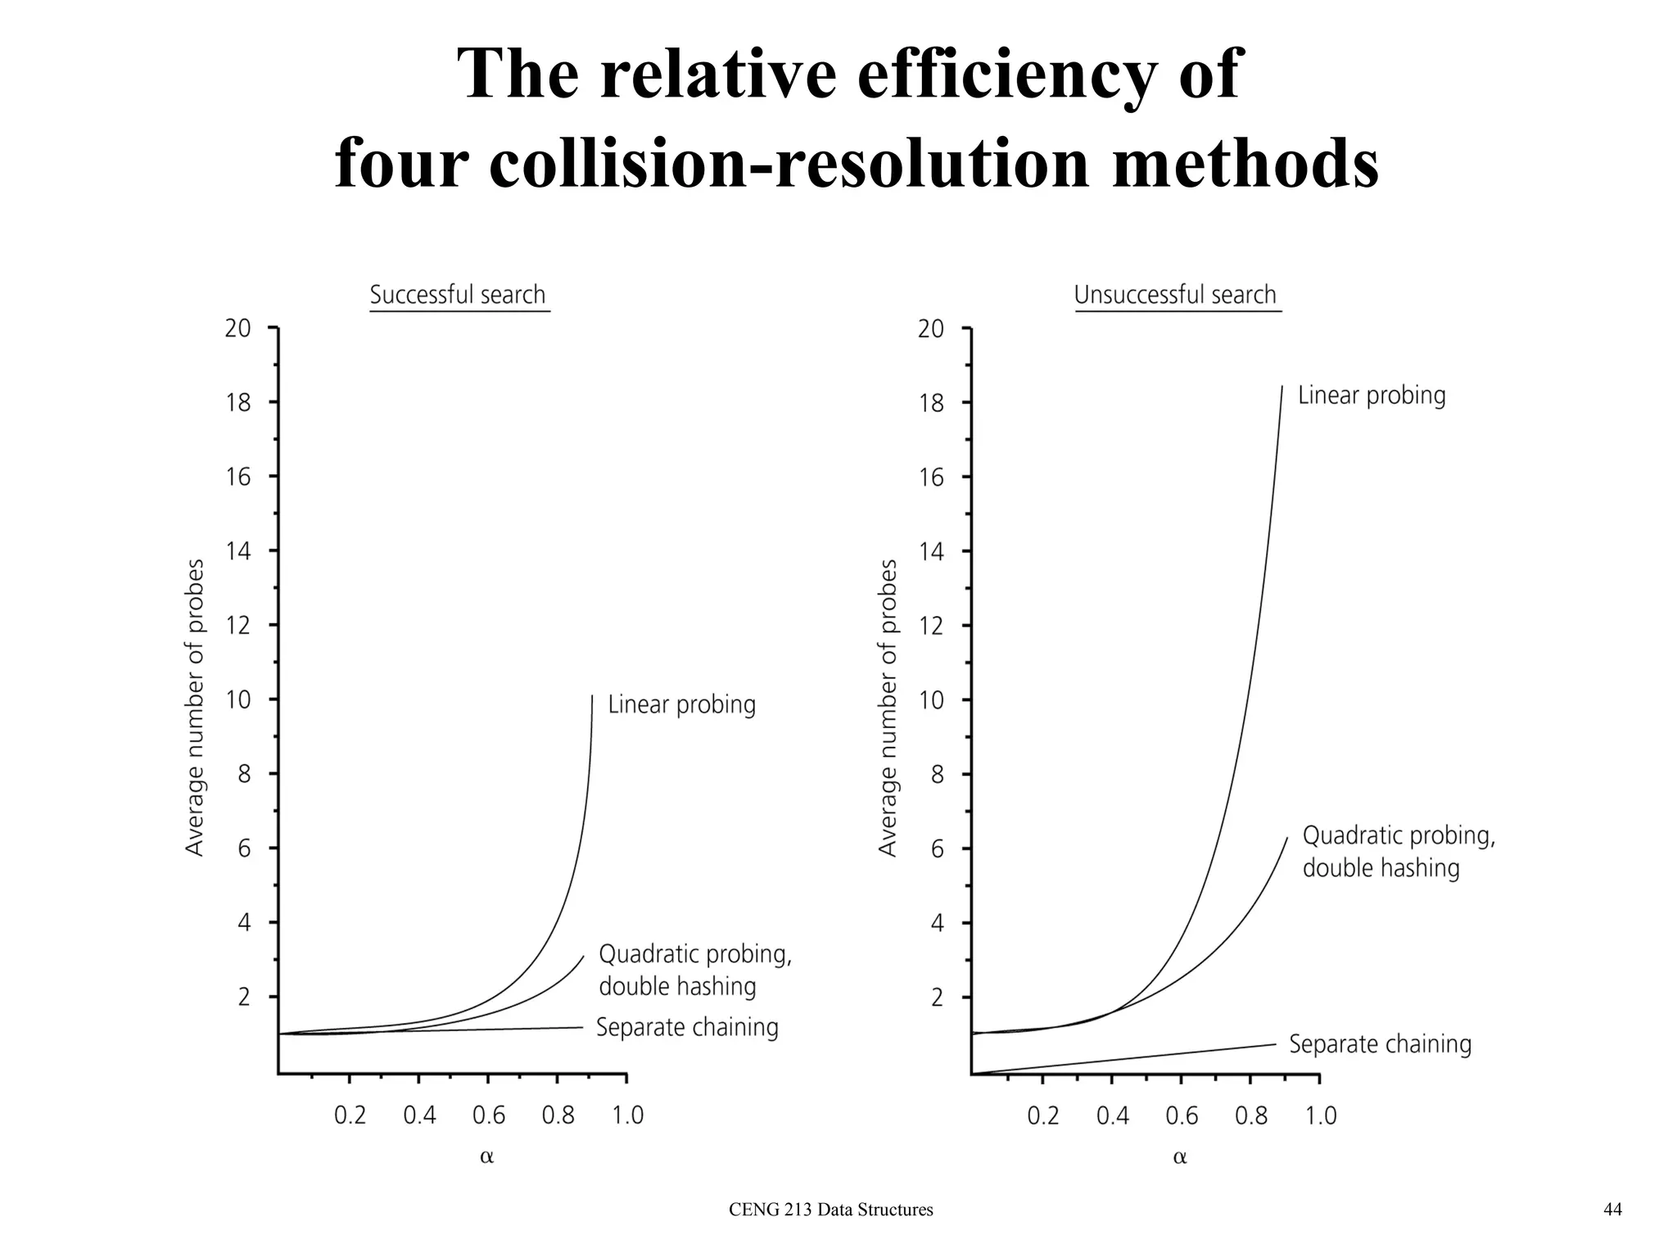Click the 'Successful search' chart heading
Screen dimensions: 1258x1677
tap(458, 295)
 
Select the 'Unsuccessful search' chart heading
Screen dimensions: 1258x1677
tap(1175, 295)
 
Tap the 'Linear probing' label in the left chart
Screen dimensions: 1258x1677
tap(681, 705)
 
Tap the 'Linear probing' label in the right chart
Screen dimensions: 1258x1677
tap(1372, 396)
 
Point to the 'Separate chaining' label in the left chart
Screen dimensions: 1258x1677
tap(687, 1027)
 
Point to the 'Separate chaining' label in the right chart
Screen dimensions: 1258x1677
tap(1380, 1044)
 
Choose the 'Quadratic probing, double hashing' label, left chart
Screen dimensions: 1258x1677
tap(694, 971)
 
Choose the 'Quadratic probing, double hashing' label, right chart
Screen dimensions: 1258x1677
tap(1398, 852)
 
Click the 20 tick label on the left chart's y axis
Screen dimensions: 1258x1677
tap(238, 328)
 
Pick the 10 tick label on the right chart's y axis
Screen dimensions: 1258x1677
tap(931, 700)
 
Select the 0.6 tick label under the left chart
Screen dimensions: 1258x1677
tap(489, 1115)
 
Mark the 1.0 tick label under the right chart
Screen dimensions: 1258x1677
tap(1320, 1115)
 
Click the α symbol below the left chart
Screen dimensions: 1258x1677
tap(486, 1157)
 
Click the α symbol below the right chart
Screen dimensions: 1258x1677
tap(1179, 1157)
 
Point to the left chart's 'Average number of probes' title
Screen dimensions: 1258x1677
tap(195, 708)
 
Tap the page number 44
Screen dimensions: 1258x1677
tap(1612, 1210)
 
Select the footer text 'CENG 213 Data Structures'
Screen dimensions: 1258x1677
tap(830, 1210)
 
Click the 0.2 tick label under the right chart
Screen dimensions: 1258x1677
tap(1042, 1115)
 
